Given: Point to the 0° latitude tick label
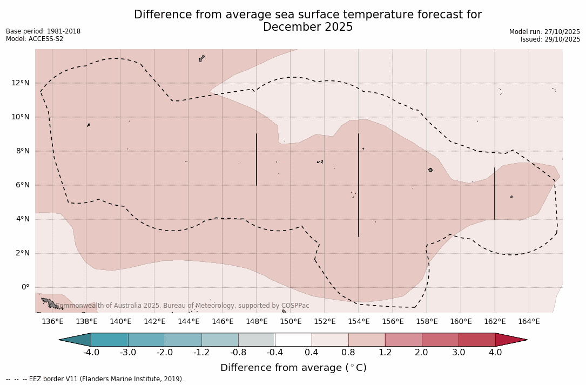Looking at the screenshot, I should [x=25, y=287].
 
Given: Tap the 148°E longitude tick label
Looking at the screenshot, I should [x=257, y=322].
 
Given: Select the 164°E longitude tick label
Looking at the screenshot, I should [x=529, y=322].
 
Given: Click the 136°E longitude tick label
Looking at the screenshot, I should [x=52, y=322].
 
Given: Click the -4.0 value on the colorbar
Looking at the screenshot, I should [x=91, y=353].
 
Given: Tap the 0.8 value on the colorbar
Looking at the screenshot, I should [x=348, y=353].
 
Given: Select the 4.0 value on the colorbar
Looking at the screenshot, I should [x=495, y=353].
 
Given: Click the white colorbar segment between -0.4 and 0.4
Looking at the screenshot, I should [x=293, y=340].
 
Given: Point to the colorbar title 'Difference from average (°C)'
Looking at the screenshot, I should [x=293, y=368].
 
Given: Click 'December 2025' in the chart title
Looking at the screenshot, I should [x=308, y=27].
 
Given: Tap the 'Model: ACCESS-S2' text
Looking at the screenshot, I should [x=35, y=39].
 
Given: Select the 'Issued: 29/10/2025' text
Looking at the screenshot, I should [x=550, y=39].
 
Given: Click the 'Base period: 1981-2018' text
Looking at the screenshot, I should [x=43, y=31].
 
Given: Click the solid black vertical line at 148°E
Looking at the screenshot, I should [x=257, y=159].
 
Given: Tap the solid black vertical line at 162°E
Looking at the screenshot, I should [x=495, y=193].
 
